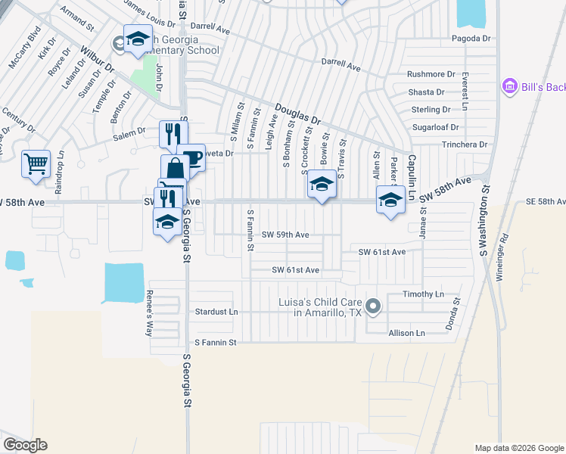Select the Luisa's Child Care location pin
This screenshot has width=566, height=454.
coord(372,306)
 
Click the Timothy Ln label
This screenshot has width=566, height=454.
coord(423,294)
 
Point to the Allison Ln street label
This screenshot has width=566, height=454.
coord(406,333)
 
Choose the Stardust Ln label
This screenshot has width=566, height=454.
coord(216,312)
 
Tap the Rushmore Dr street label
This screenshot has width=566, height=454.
coord(431,74)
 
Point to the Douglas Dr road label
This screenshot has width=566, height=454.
coord(297,114)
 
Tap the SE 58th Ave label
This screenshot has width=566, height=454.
coord(546,202)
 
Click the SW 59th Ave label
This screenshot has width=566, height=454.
coord(285,235)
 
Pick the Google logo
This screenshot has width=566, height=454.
coord(25,445)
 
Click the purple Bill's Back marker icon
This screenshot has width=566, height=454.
coord(508,87)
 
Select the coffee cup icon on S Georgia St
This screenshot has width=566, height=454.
coord(192,158)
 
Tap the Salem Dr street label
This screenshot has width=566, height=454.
coord(129,132)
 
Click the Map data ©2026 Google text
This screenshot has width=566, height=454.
coord(518,448)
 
